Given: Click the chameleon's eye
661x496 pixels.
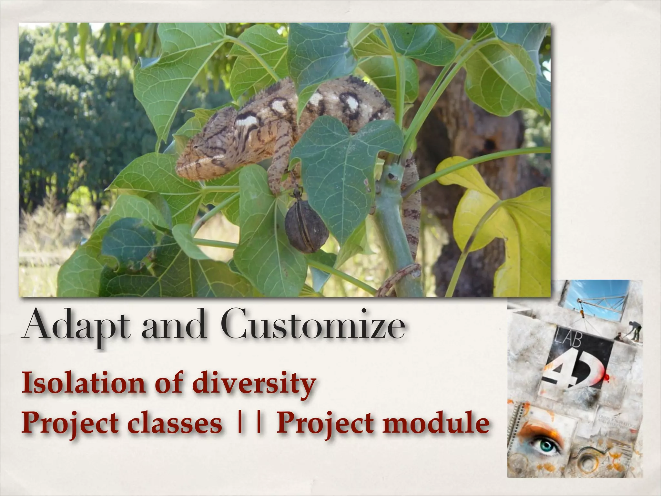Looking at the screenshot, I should click(196, 147).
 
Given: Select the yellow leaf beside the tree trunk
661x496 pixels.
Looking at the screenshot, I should click(503, 220).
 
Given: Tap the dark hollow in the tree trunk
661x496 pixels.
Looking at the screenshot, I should click(489, 145).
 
